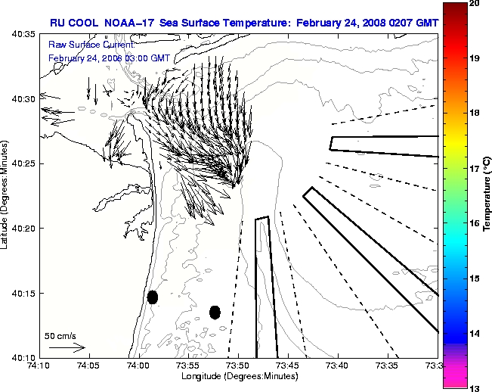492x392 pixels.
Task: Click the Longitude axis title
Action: (238, 376)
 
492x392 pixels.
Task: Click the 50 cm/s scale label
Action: (60, 335)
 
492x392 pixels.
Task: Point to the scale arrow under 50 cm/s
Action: (67, 347)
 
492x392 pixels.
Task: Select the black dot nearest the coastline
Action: (153, 297)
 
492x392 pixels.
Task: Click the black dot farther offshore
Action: (215, 312)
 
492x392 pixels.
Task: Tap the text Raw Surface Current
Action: (83, 45)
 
